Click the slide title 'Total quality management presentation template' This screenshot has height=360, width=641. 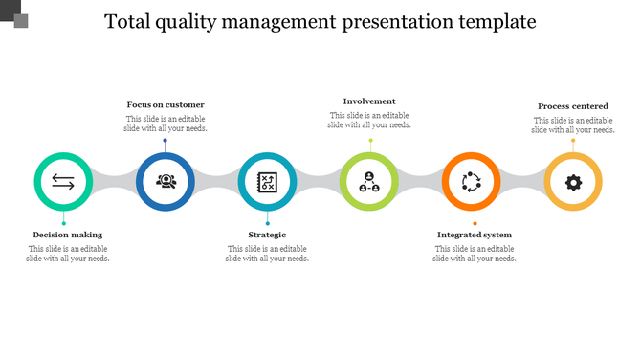(x=320, y=21)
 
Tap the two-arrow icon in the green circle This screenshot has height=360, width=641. (x=63, y=181)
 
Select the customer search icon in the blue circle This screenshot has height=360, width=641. (x=166, y=181)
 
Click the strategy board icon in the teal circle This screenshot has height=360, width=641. (x=267, y=181)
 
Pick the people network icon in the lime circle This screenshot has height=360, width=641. (x=369, y=181)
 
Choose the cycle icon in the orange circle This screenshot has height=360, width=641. (x=471, y=181)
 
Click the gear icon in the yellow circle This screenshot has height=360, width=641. (x=573, y=181)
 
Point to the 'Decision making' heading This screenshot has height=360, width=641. (x=67, y=235)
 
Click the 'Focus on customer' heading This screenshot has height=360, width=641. (x=166, y=104)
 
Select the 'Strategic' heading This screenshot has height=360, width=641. (x=267, y=235)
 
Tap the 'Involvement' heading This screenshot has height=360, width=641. (x=369, y=101)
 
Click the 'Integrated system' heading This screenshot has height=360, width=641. (x=475, y=235)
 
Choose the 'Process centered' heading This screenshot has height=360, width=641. (x=573, y=106)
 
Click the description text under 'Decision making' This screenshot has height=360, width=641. (x=67, y=254)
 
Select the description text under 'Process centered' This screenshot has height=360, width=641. (x=573, y=125)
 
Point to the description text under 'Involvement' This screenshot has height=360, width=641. (x=369, y=120)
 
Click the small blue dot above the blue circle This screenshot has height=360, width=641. (x=165, y=141)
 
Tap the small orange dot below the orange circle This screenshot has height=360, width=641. (x=475, y=223)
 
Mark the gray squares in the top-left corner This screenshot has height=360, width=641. (x=14, y=13)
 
